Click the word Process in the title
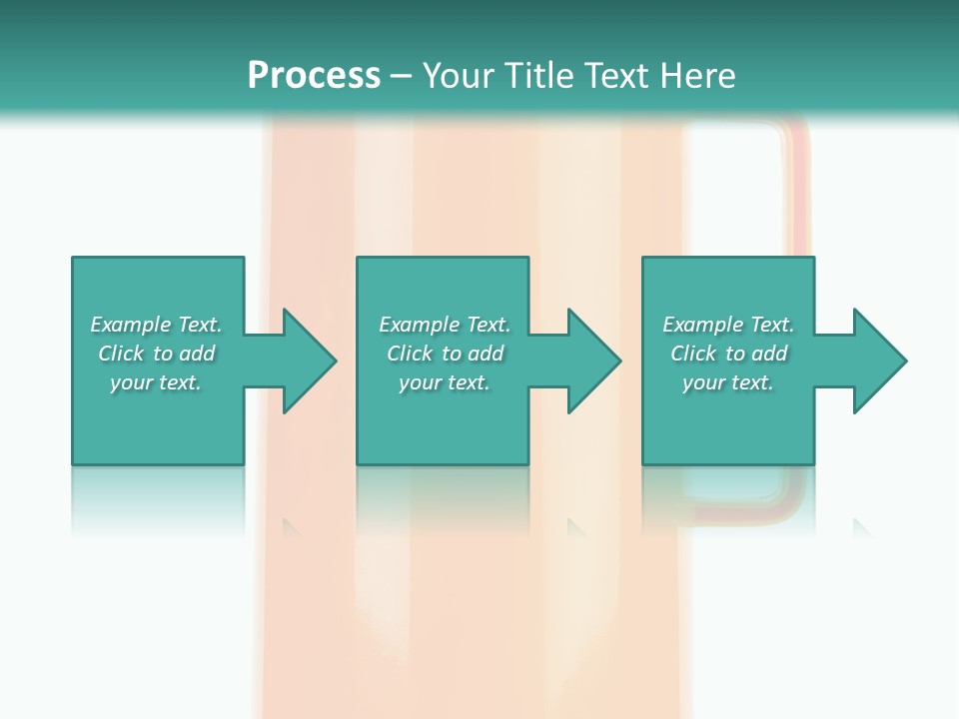click(314, 76)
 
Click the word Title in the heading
click(536, 76)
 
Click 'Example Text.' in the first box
click(156, 325)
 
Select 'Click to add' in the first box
click(156, 354)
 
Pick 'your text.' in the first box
click(156, 382)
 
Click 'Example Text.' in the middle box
click(445, 325)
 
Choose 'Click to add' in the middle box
click(445, 354)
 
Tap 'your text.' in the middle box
click(445, 382)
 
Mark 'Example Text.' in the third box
click(728, 325)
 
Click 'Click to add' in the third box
click(728, 354)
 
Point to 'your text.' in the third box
click(728, 382)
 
